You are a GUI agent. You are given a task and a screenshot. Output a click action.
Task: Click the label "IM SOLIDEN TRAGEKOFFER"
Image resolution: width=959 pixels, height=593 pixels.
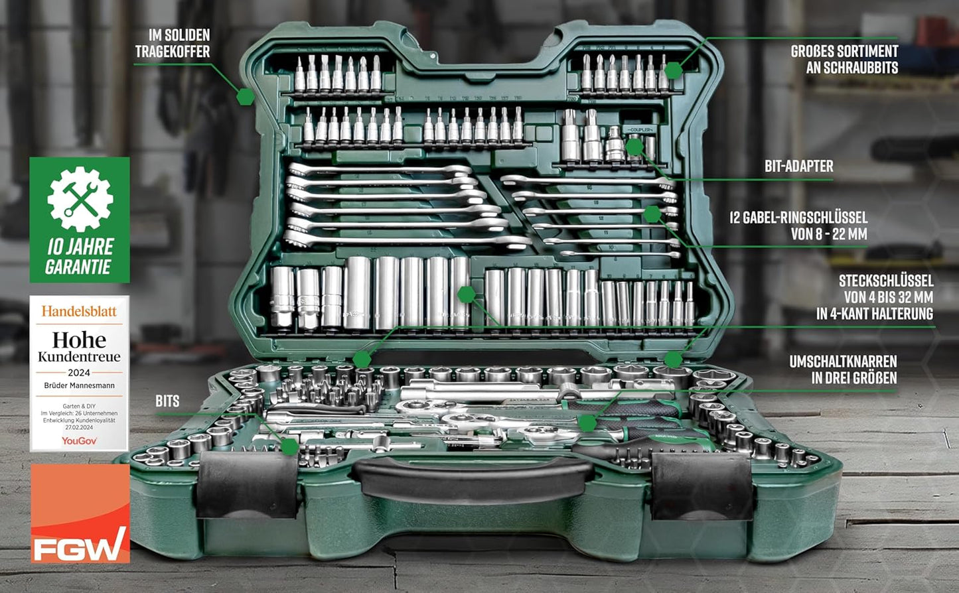(173, 43)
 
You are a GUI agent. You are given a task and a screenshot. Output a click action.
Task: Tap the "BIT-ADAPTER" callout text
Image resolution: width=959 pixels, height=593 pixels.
(798, 166)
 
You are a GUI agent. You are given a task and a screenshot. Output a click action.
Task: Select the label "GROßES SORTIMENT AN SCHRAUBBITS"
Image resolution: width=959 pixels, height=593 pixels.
(844, 59)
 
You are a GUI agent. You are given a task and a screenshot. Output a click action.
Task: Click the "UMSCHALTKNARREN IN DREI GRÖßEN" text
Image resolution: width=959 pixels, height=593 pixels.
(843, 369)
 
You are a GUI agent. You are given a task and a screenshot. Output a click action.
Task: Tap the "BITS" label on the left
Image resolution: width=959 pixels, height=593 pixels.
(167, 401)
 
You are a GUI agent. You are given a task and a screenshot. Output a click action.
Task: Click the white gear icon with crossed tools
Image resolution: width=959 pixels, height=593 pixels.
(80, 199)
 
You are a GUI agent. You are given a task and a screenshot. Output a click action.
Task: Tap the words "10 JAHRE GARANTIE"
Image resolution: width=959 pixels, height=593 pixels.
(80, 257)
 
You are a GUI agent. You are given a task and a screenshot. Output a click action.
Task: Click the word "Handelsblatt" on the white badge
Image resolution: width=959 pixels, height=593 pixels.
(79, 311)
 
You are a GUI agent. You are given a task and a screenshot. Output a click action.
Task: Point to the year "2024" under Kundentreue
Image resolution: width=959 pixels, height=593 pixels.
(79, 373)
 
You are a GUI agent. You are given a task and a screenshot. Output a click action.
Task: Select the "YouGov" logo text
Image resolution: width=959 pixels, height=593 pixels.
(79, 440)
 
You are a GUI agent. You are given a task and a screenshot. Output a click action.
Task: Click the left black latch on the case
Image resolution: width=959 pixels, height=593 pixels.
(248, 485)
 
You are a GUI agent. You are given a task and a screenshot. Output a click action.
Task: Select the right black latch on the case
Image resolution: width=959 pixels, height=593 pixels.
(702, 485)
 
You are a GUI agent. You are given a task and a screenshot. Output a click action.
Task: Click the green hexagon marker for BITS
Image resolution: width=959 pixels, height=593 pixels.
(289, 446)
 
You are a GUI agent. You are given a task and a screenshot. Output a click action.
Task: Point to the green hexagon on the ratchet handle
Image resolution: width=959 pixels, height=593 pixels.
(587, 423)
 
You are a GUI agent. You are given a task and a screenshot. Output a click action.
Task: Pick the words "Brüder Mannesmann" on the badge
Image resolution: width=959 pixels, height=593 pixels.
(79, 385)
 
